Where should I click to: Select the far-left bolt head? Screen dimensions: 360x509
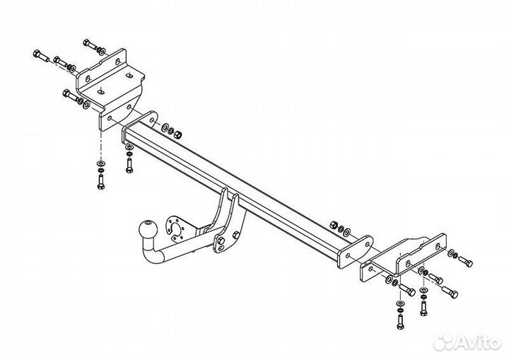point(37,53)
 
